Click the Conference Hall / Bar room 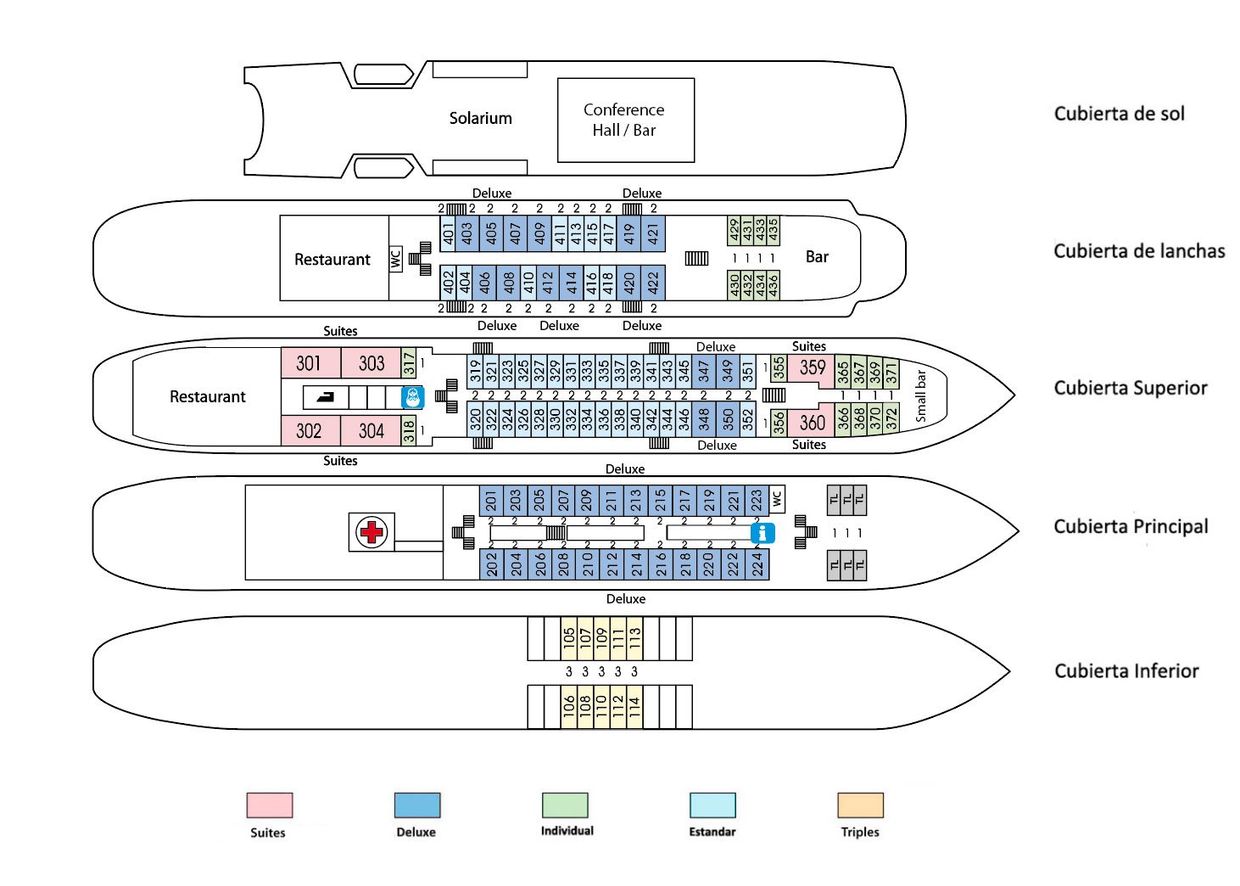pos(626,121)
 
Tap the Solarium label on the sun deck pos(481,118)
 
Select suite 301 pos(310,362)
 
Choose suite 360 pos(811,423)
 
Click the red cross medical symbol pos(371,532)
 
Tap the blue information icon pos(762,533)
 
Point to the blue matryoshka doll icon pos(412,397)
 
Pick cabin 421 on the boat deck pos(653,233)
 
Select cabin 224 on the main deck pos(757,564)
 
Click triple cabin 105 pos(568,638)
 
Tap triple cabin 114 pos(634,707)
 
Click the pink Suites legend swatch pos(270,805)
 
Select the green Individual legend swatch pos(565,805)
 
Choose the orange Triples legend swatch pos(860,805)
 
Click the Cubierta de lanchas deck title pos(1139,251)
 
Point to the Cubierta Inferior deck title pos(1126,670)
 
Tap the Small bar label pos(920,396)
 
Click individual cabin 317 pos(409,363)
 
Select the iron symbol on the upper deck pos(325,397)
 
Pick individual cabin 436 pos(774,284)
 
